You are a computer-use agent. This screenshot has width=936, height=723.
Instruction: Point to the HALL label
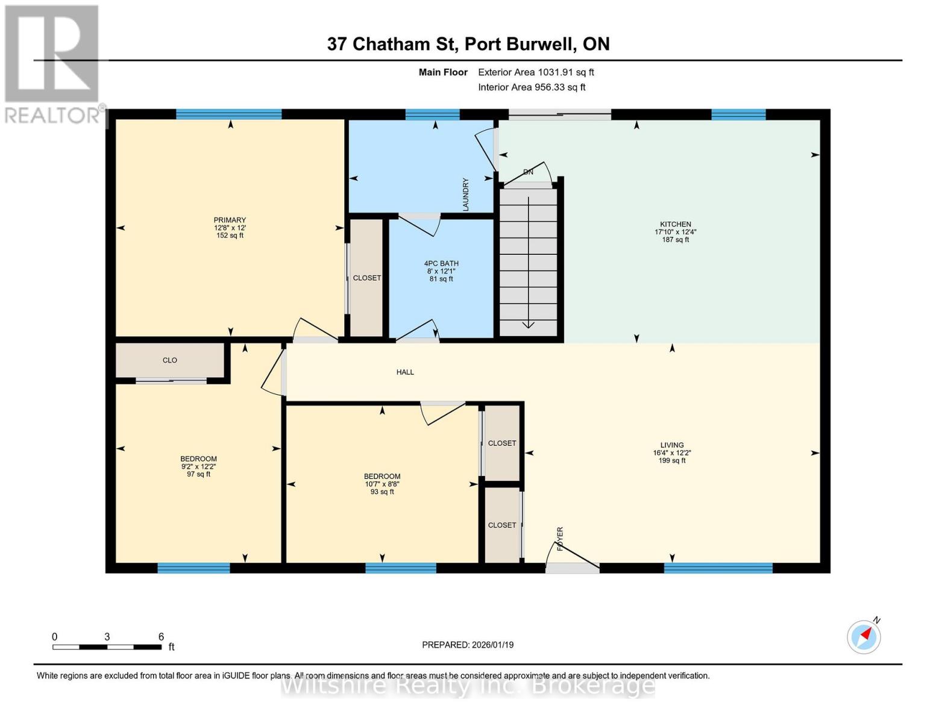point(405,372)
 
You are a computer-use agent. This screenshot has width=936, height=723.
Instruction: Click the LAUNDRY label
point(465,194)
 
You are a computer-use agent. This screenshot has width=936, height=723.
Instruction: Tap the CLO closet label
point(170,360)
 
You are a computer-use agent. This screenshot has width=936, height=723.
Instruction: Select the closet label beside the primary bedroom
point(366,278)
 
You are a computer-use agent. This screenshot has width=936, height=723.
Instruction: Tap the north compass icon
point(864,636)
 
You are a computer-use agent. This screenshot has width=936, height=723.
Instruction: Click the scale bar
point(107,647)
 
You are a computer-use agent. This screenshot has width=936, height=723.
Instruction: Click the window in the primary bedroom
point(228,114)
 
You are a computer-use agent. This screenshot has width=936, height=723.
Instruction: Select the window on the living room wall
point(718,568)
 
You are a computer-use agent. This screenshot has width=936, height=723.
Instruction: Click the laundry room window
point(432,114)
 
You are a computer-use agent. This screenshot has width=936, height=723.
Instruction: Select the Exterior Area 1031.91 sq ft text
point(536,72)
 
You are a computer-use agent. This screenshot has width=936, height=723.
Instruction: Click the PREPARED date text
point(468,645)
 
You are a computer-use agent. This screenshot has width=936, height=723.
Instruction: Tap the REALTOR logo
point(52,63)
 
